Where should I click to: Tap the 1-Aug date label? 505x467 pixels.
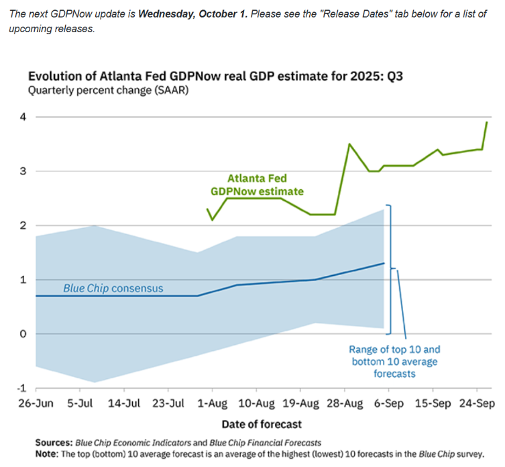213,404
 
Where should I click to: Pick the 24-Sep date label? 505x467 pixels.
477,404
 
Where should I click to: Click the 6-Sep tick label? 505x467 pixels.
388,404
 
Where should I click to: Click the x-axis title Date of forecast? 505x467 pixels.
262,424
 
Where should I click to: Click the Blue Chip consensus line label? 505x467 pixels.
113,289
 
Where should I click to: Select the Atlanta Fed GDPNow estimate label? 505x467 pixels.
257,185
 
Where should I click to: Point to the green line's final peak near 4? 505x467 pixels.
486,122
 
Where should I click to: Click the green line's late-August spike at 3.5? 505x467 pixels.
349,144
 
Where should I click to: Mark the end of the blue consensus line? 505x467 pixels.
384,263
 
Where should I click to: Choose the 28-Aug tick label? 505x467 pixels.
344,404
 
